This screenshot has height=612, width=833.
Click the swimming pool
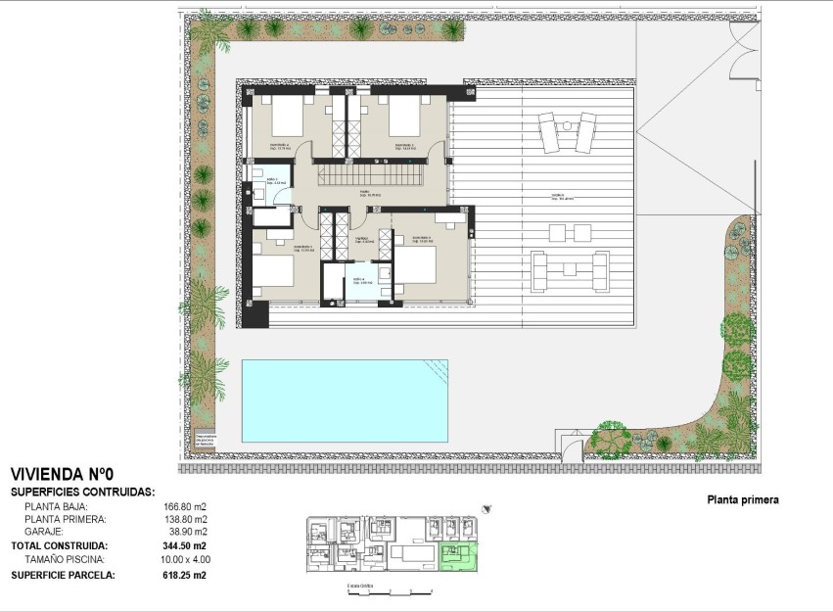coord(345,400)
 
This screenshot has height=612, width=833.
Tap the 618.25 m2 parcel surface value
coord(185,575)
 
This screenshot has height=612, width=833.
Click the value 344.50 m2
coord(185,545)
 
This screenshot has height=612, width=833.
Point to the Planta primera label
coord(743,499)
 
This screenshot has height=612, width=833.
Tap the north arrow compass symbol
coord(486,508)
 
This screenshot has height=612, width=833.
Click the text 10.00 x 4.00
coord(187,559)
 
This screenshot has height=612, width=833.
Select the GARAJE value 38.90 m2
coord(185,532)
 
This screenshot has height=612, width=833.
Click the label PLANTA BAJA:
coord(56,506)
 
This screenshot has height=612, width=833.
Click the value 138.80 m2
coord(185,519)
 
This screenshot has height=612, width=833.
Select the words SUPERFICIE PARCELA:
coord(63,575)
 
